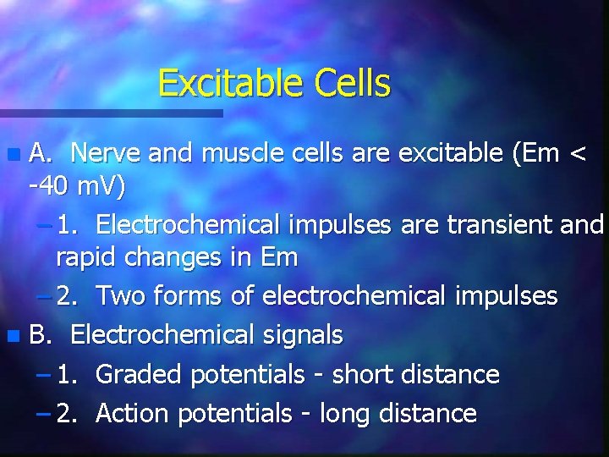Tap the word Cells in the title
pos(353,84)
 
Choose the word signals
pos(302,335)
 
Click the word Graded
pos(140,374)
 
